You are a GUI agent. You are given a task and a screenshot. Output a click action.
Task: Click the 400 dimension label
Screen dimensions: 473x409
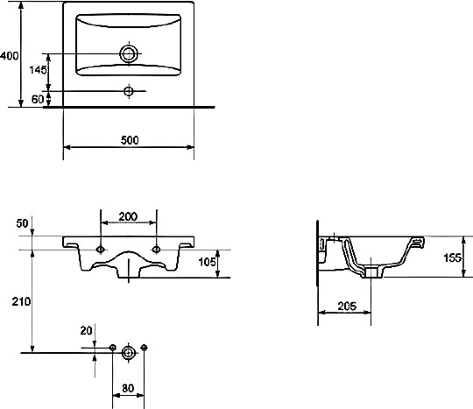(x=10, y=56)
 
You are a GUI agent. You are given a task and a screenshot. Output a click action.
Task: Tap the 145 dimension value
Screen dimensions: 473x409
(x=38, y=70)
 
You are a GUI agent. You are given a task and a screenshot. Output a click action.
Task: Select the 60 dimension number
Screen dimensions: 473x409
(x=38, y=99)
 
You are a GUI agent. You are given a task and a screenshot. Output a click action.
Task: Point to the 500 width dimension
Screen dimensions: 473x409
(x=130, y=140)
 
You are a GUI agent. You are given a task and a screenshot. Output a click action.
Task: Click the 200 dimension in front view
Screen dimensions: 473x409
(x=128, y=216)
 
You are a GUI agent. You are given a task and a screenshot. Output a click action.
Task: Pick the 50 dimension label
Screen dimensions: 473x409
(x=22, y=223)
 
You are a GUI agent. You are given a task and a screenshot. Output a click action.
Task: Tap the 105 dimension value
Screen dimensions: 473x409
(x=208, y=262)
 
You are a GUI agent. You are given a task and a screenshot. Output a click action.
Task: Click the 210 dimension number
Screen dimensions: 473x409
(x=21, y=301)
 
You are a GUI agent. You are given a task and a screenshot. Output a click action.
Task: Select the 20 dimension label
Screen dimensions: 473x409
(x=86, y=331)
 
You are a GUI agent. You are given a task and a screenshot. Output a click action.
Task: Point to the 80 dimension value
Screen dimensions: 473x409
(x=128, y=388)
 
